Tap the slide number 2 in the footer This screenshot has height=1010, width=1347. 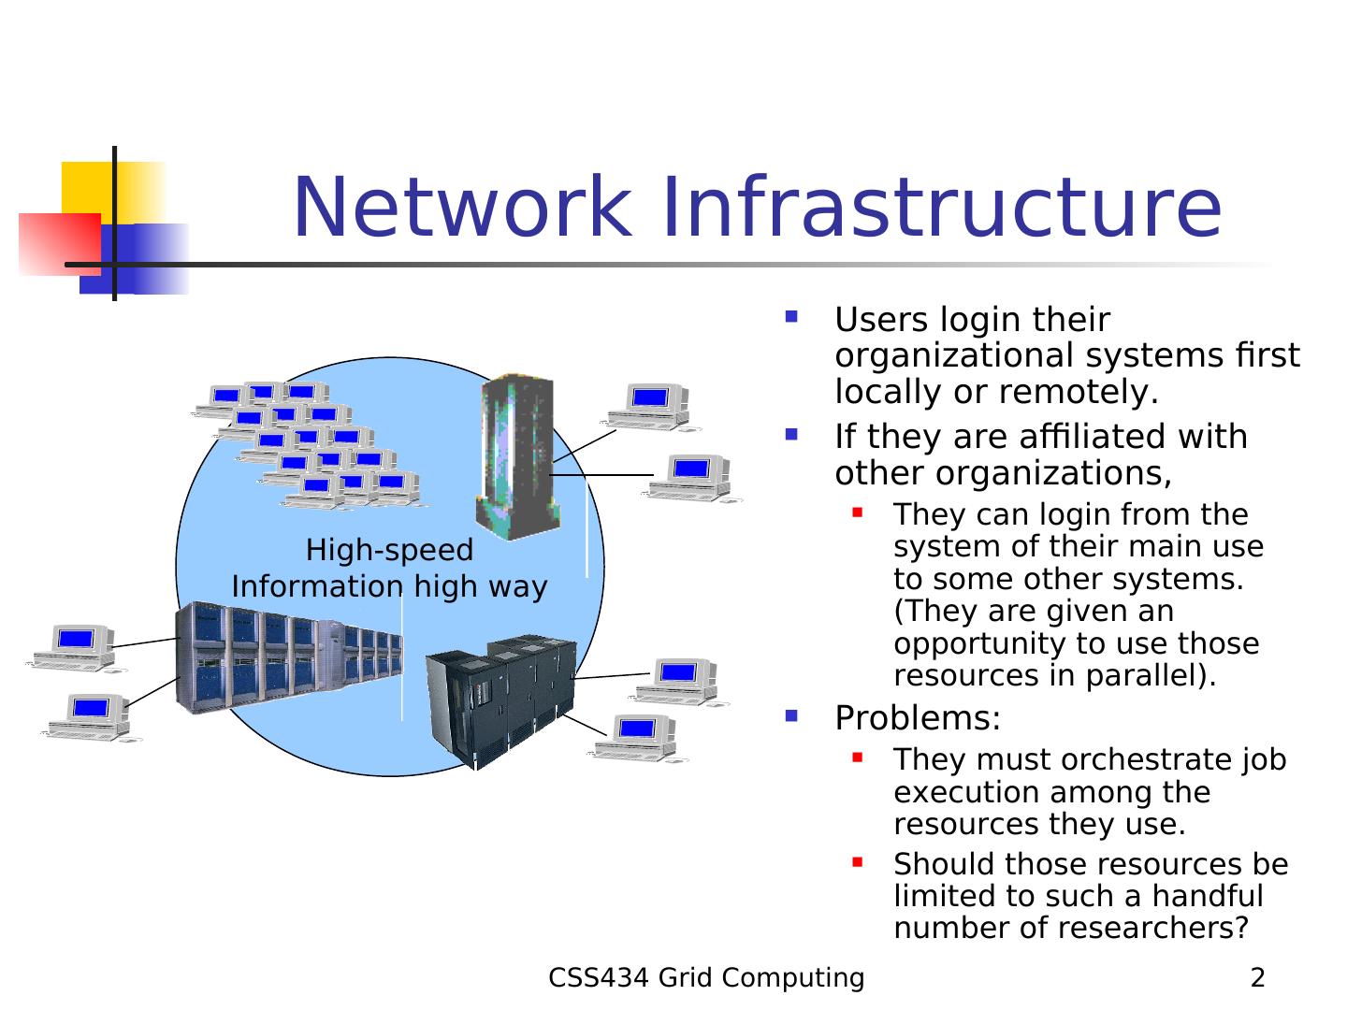pos(1257,977)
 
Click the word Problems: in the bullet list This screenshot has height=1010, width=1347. pos(917,717)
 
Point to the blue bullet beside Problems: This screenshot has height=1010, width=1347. pos(791,715)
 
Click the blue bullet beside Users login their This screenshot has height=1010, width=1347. pos(791,317)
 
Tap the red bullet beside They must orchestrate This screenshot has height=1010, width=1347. pos(857,757)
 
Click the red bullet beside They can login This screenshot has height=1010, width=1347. pos(857,512)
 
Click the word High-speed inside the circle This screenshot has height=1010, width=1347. pos(389,551)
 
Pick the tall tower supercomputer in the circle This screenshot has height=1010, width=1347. pos(518,457)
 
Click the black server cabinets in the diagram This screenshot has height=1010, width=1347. pos(501,702)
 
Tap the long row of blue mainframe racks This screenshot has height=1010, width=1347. pos(289,657)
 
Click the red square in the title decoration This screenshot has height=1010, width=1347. pos(60,244)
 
